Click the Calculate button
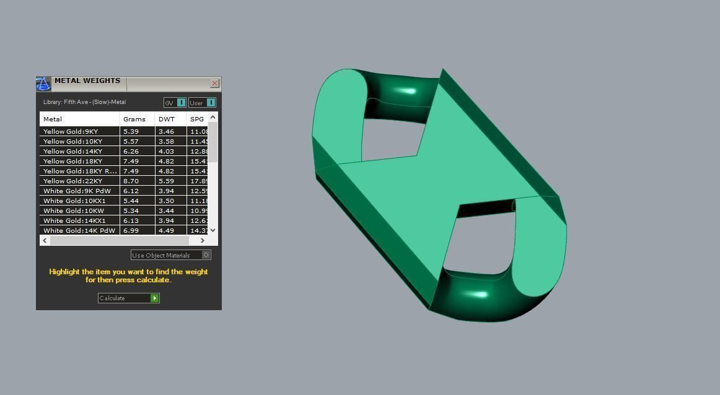128,298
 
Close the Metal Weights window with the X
214,83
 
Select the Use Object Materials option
170,255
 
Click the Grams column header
134,119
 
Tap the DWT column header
167,119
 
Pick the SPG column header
197,119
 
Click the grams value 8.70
131,181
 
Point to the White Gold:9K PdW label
77,191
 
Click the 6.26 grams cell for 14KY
131,151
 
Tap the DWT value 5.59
166,181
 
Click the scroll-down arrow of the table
213,230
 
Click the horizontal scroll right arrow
202,240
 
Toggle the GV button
175,103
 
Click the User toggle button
202,103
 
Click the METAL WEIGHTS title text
87,80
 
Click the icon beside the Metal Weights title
43,84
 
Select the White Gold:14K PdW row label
79,230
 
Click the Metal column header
53,119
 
